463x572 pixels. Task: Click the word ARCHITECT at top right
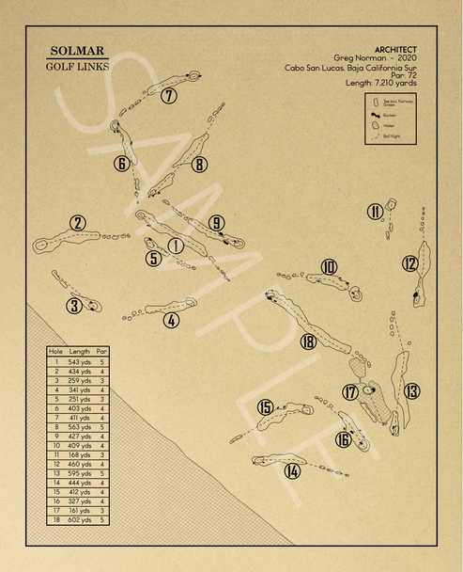point(396,49)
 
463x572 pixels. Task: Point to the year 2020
point(406,57)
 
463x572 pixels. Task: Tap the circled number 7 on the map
point(169,95)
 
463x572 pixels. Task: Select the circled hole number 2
point(78,223)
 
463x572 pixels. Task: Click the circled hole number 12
point(410,263)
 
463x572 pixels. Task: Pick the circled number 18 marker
point(308,342)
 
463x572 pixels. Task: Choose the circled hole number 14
point(293,470)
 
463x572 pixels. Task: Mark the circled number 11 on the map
point(376,212)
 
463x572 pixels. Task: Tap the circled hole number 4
point(171,319)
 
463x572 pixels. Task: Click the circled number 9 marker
point(217,223)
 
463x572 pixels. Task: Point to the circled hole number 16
point(344,439)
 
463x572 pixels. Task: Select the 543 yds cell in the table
point(80,361)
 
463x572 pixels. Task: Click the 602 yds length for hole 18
point(80,520)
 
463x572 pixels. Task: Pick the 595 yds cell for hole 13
point(80,473)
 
